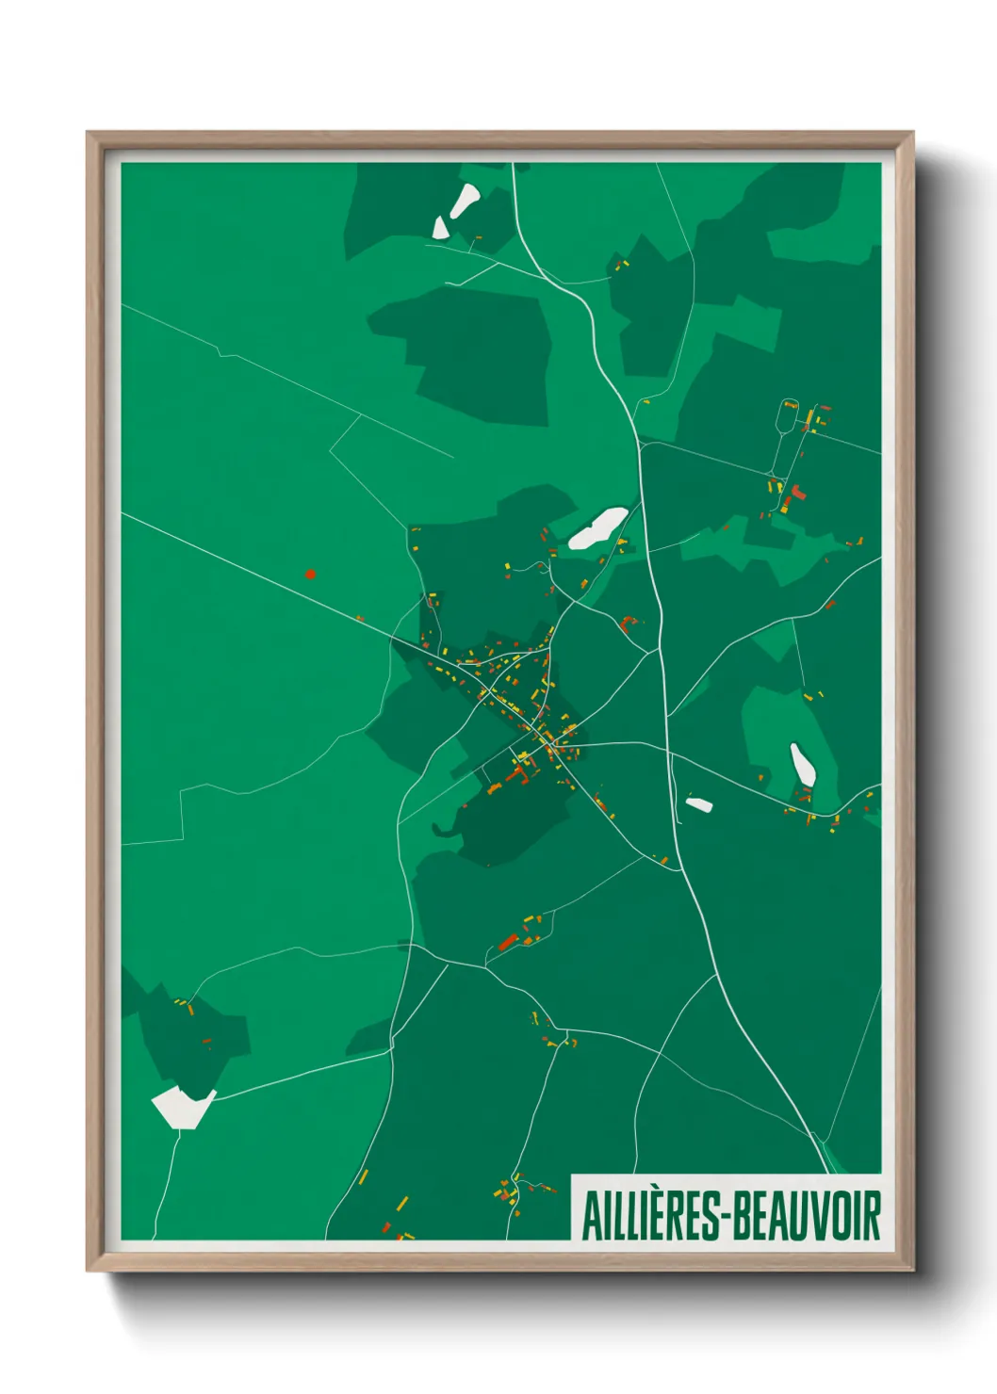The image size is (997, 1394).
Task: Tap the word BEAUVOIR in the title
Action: (807, 1216)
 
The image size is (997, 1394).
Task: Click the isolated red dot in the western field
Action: (310, 573)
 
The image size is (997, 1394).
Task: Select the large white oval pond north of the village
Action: (597, 528)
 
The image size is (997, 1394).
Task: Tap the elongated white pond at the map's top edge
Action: (465, 200)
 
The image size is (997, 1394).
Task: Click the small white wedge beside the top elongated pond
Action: (440, 227)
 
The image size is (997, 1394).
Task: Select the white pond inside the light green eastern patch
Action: (802, 765)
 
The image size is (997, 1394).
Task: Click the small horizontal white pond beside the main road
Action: (698, 804)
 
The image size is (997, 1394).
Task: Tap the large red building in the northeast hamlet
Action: (797, 492)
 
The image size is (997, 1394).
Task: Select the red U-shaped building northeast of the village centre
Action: (629, 622)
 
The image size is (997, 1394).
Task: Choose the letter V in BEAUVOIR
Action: (816, 1216)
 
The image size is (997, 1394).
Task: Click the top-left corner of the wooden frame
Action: (88, 133)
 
